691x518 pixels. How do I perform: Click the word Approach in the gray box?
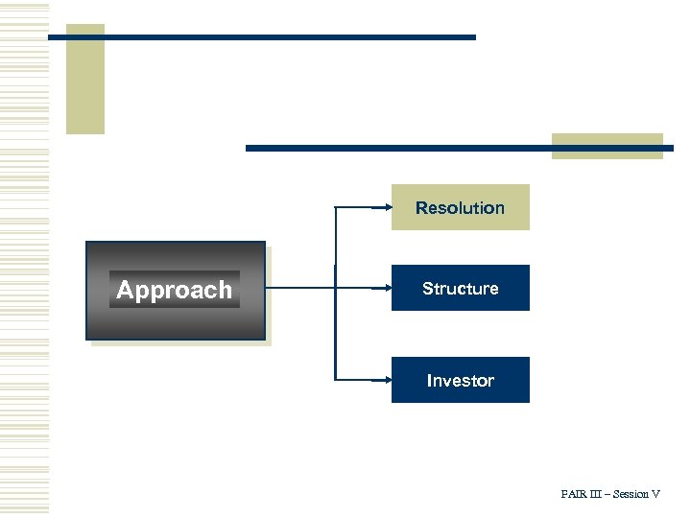174,290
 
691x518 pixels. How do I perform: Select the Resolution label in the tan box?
460,208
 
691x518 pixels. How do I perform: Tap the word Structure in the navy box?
460,289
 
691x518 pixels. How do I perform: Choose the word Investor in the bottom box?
460,381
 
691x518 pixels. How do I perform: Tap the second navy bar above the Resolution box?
403,149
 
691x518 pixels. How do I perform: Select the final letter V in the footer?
656,494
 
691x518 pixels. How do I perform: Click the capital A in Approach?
124,290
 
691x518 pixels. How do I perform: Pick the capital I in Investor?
429,381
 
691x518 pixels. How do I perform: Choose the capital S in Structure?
427,289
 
